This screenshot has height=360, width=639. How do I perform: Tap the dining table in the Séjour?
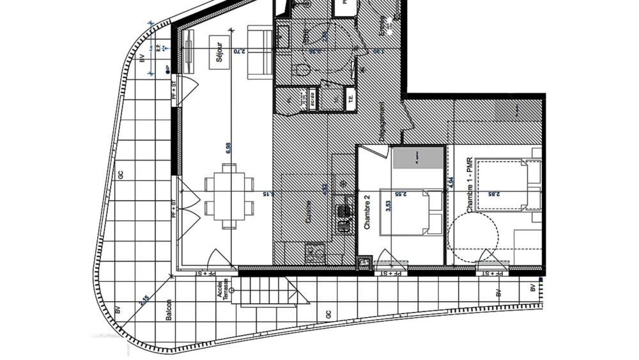tap(229, 195)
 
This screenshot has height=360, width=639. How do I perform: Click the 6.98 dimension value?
tap(229, 148)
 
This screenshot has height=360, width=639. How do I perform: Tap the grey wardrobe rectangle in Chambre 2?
tap(419, 157)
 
